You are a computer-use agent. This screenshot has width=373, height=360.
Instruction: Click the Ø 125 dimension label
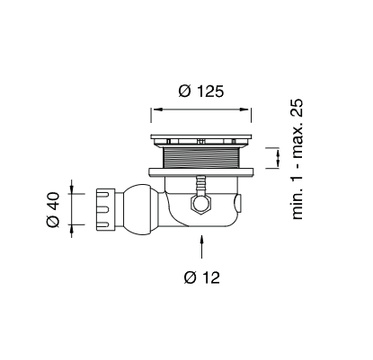(x=201, y=91)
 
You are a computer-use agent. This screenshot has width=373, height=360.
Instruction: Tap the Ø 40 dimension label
(x=53, y=209)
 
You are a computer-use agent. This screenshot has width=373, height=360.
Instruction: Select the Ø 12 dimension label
(x=202, y=277)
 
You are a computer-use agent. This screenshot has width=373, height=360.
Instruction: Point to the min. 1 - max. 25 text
(x=298, y=159)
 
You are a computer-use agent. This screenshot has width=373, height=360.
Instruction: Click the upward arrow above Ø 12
(x=202, y=246)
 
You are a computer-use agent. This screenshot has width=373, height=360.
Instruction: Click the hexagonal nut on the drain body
(x=201, y=204)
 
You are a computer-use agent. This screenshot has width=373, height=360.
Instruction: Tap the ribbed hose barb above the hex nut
(x=201, y=185)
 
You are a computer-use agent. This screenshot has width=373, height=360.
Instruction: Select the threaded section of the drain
(x=201, y=158)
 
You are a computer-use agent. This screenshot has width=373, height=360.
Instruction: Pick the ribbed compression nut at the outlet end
(x=106, y=209)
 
